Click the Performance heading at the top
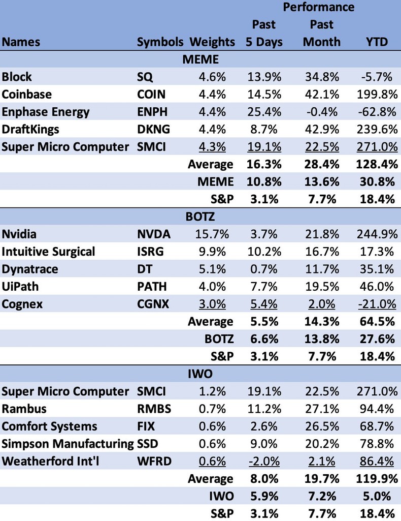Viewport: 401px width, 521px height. pyautogui.click(x=318, y=7)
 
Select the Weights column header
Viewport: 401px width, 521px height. pyautogui.click(x=212, y=42)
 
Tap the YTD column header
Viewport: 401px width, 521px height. pyautogui.click(x=377, y=42)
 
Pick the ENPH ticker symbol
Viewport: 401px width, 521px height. pyautogui.click(x=153, y=112)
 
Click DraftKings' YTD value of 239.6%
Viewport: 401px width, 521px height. pyautogui.click(x=373, y=129)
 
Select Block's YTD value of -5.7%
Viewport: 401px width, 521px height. pyautogui.click(x=376, y=77)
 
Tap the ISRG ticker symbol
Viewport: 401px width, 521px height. pyautogui.click(x=151, y=252)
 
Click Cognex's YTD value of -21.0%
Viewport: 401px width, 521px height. pyautogui.click(x=375, y=304)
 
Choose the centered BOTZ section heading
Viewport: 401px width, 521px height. pyautogui.click(x=201, y=217)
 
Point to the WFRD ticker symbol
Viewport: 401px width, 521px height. pyautogui.click(x=153, y=461)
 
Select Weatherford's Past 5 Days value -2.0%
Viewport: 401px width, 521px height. pyautogui.click(x=263, y=461)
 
